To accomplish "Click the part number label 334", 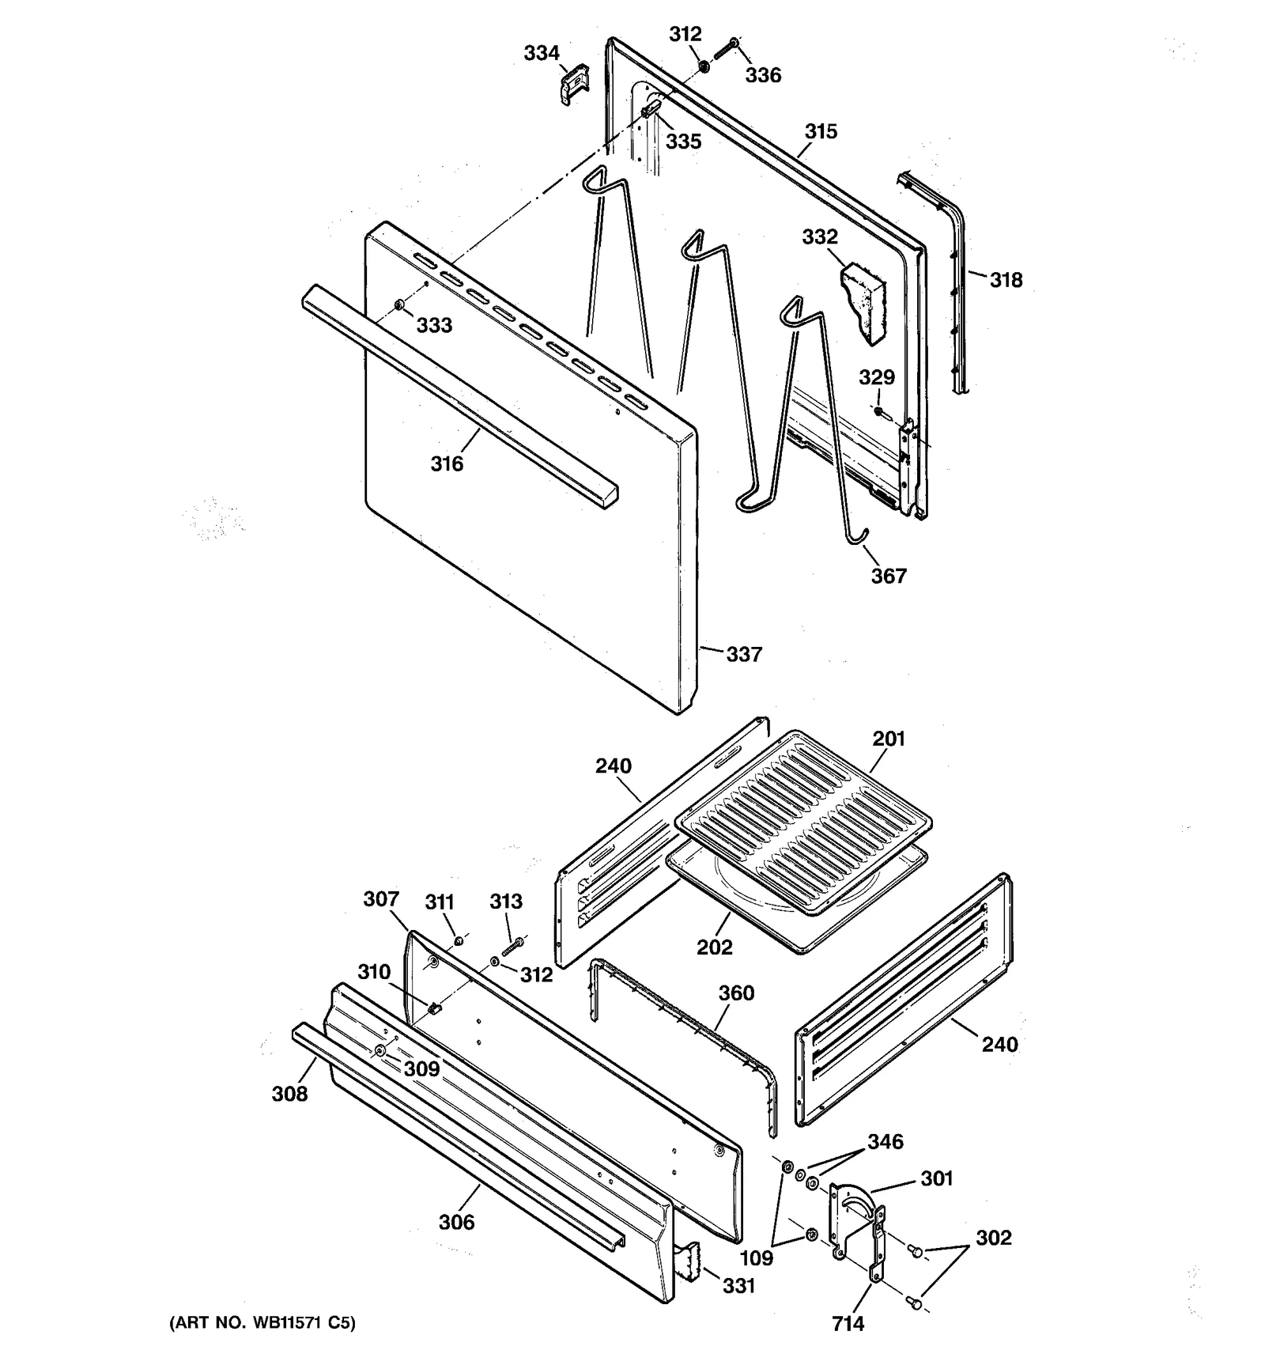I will point(542,53).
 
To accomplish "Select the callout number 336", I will point(763,75).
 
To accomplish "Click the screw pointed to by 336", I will point(726,47).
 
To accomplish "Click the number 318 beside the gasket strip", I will point(1006,280).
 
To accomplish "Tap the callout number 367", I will point(889,576).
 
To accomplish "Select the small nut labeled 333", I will point(399,305).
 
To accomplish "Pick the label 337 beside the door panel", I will point(744,654).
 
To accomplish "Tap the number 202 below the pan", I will point(714,947).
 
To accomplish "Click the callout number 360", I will point(736,993).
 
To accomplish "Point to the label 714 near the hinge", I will point(848,1323).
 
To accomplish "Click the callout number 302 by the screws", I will point(993,1238).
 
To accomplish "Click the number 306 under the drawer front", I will point(456,1223).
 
